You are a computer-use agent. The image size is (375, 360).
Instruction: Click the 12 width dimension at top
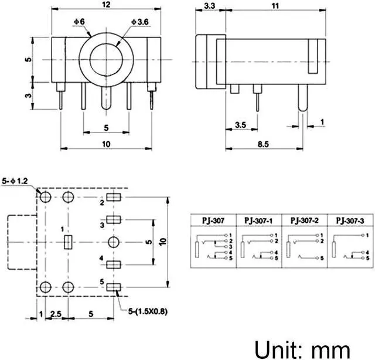click(106, 5)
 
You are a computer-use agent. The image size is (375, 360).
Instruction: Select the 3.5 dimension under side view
click(240, 125)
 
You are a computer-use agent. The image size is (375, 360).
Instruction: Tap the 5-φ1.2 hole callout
click(15, 181)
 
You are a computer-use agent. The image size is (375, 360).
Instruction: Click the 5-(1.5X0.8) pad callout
click(144, 311)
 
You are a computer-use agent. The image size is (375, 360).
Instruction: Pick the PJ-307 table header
click(213, 220)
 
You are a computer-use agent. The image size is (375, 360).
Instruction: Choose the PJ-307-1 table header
click(258, 220)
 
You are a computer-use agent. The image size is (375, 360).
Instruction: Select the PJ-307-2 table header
click(305, 220)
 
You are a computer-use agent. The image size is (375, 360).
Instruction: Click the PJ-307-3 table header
click(350, 220)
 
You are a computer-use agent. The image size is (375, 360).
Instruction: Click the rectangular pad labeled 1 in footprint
click(68, 242)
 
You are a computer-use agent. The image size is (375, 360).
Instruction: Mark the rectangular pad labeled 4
click(114, 264)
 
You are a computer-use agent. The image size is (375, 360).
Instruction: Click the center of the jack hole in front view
click(105, 60)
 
